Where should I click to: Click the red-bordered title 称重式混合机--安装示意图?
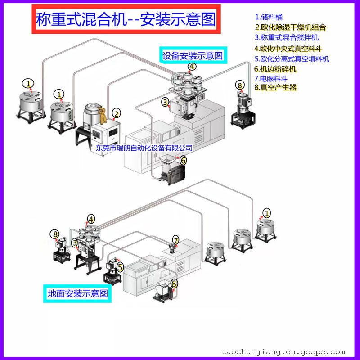click(x=126, y=19)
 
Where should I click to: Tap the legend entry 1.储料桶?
click(x=269, y=17)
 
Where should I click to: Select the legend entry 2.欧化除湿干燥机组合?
click(x=290, y=27)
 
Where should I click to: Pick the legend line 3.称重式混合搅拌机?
click(x=287, y=37)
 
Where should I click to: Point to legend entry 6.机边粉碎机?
click(x=275, y=69)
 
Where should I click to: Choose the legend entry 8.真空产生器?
click(x=275, y=87)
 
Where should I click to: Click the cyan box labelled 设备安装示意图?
click(x=193, y=55)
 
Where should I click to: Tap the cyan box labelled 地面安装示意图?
click(x=77, y=293)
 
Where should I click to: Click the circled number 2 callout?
click(x=117, y=114)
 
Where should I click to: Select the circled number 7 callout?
click(x=175, y=241)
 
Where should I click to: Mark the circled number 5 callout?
click(x=120, y=267)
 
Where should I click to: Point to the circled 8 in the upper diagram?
click(x=240, y=85)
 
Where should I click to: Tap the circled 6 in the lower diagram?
click(x=174, y=284)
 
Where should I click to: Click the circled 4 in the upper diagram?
click(x=192, y=67)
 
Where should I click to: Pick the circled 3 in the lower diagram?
click(x=75, y=243)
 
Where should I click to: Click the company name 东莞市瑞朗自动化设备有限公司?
click(x=144, y=148)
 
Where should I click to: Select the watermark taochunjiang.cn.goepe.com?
click(x=283, y=352)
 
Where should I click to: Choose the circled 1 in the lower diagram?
click(x=267, y=213)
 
